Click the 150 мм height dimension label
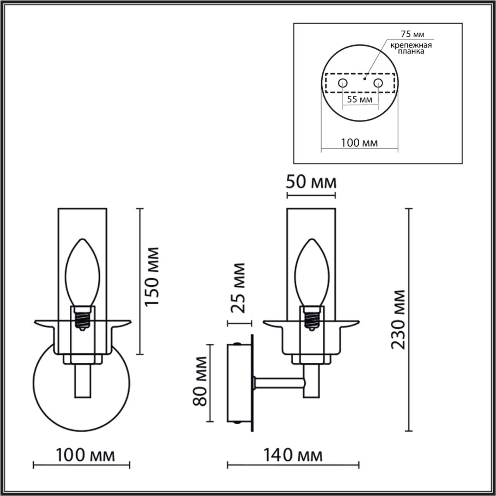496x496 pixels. (x=152, y=276)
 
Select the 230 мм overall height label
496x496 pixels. (x=398, y=319)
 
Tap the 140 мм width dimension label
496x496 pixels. (x=293, y=455)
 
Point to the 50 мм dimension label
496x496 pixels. (x=311, y=182)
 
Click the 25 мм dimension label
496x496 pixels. (x=238, y=288)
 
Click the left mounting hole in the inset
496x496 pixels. (x=343, y=83)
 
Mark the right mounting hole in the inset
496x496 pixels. (x=378, y=83)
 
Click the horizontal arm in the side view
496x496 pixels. (x=278, y=383)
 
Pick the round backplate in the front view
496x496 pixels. (x=50, y=391)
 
